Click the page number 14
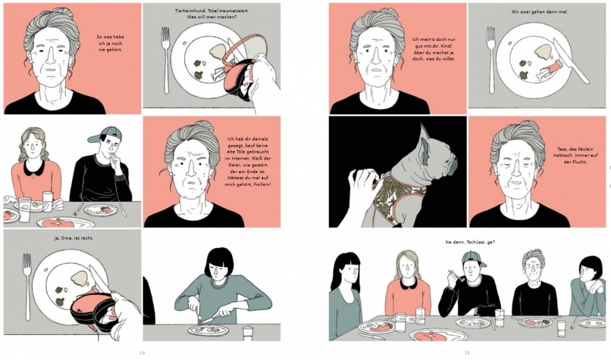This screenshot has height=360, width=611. coord(142,353)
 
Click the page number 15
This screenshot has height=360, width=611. coord(467,353)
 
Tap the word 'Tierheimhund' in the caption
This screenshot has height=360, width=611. coord(188,11)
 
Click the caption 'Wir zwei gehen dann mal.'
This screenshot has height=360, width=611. coord(540,12)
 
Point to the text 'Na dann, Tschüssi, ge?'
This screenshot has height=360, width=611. coord(470,242)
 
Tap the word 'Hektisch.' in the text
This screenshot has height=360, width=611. coord(563,155)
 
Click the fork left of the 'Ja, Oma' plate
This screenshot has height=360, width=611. coord(27,287)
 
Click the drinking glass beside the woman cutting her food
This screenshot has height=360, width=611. coord(247,334)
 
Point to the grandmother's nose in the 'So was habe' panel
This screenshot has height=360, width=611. coord(51,57)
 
